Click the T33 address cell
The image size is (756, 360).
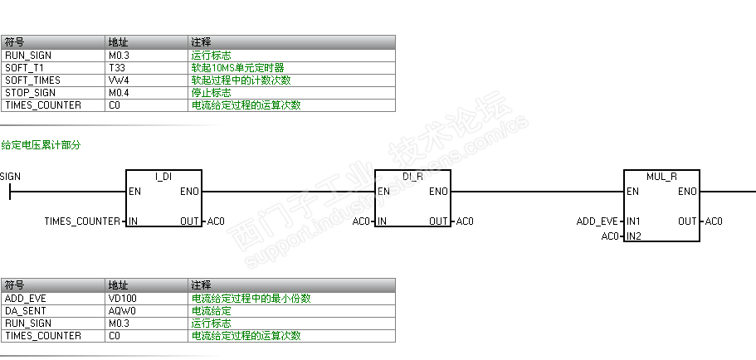116,68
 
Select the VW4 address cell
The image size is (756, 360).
118,80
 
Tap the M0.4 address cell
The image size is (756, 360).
119,93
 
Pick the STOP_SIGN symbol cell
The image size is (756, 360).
30,93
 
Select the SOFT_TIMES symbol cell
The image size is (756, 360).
32,80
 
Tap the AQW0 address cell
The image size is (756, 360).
120,310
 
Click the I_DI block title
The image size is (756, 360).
163,177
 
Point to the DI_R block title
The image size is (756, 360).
412,177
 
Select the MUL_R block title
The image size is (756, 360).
661,177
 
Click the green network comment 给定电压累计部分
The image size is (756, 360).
41,145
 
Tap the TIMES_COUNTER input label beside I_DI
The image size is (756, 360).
82,221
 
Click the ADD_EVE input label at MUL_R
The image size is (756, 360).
597,221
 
